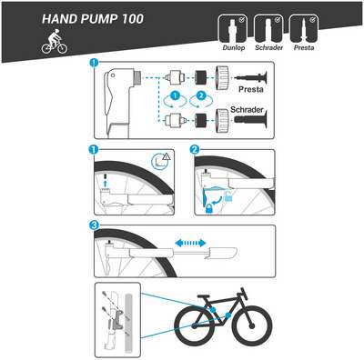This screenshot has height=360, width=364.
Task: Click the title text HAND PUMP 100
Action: (93, 19)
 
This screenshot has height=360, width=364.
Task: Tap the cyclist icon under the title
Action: (55, 42)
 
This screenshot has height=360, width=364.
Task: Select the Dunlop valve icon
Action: (233, 29)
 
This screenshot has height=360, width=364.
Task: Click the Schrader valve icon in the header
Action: (268, 29)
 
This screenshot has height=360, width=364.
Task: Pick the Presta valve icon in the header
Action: (304, 29)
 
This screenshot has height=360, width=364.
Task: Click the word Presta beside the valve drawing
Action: (251, 89)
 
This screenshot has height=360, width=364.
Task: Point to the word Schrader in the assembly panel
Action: (247, 109)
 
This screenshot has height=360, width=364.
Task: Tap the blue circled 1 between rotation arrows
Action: (175, 96)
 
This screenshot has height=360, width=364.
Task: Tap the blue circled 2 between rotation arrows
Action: (201, 96)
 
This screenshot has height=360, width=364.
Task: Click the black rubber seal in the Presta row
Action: (200, 77)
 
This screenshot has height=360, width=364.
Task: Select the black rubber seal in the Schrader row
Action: (200, 120)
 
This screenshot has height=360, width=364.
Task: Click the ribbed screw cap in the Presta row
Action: (222, 77)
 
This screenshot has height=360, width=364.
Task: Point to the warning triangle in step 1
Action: (167, 156)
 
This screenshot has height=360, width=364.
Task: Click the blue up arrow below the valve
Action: (106, 184)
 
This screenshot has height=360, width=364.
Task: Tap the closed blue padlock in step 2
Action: (209, 209)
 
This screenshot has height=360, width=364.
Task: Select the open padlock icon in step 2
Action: (228, 197)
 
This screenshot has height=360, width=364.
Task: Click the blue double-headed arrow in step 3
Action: (191, 243)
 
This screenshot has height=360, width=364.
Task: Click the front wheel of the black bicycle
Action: (251, 326)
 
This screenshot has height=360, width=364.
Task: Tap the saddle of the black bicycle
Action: (204, 296)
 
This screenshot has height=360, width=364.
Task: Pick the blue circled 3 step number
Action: (94, 225)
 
